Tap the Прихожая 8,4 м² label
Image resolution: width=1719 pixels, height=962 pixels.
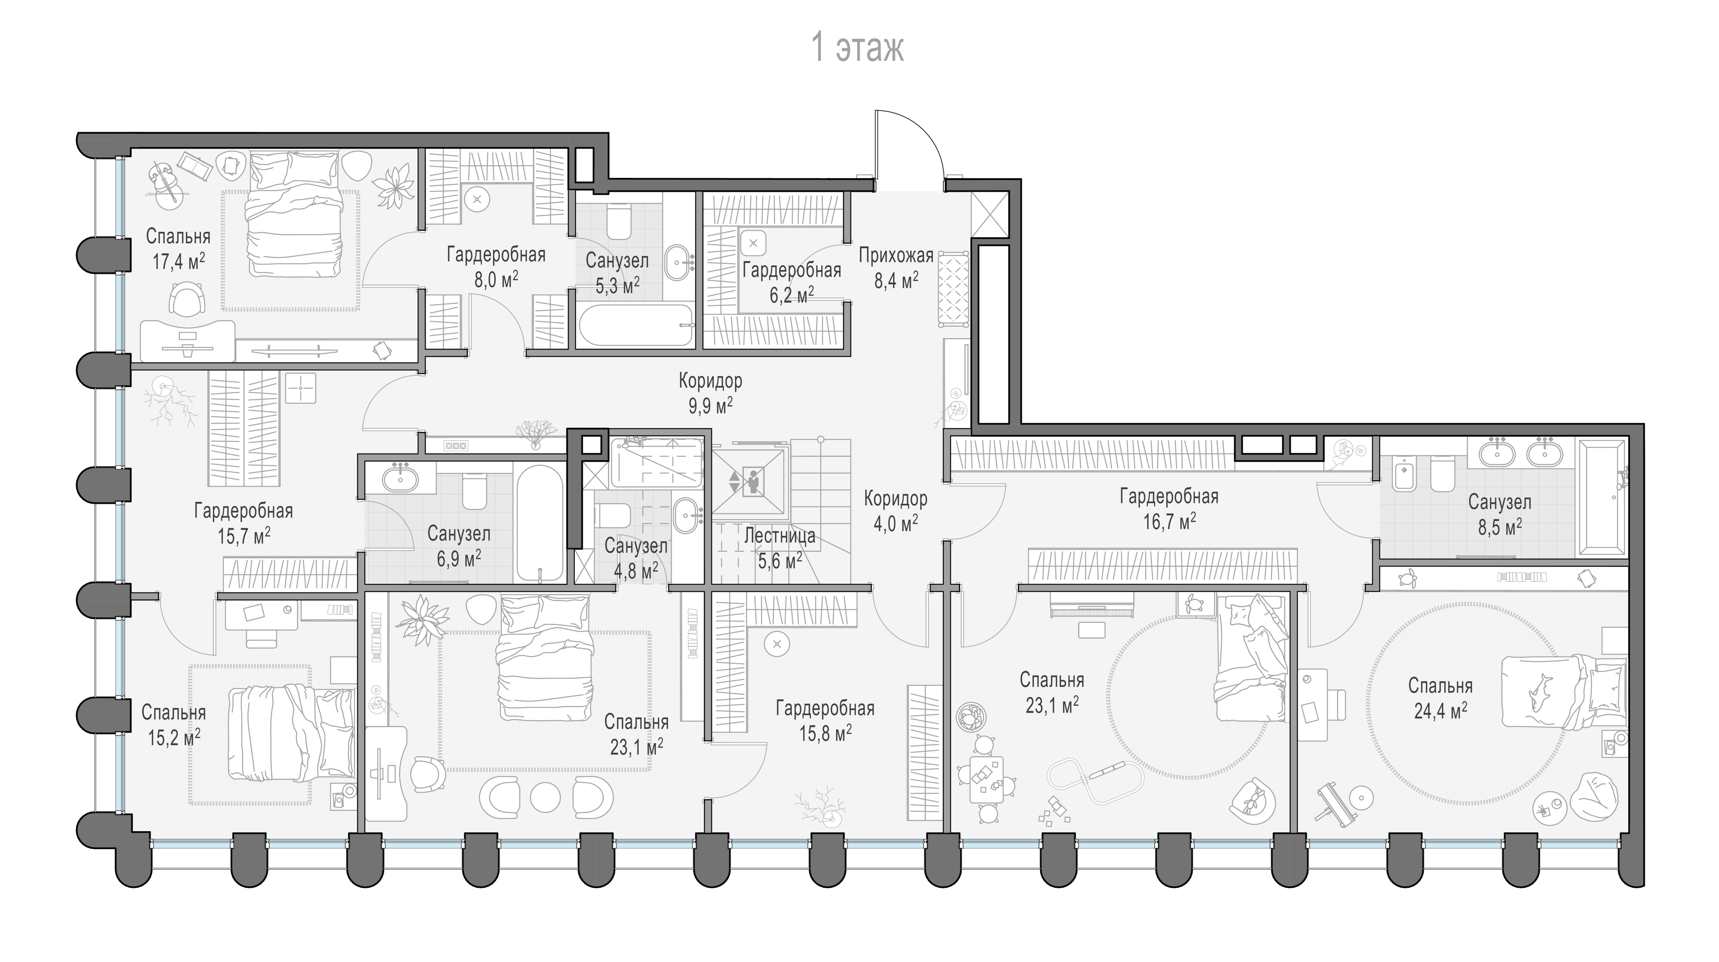[x=896, y=268]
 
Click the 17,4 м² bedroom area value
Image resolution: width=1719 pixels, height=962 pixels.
[x=178, y=261]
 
